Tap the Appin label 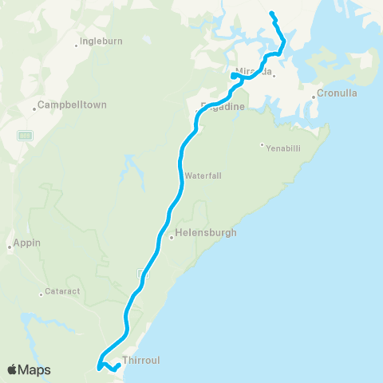pyautogui.click(x=27, y=243)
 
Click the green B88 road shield pyautogui.click(x=25, y=135)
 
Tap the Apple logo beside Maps pyautogui.click(x=14, y=369)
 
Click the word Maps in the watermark pyautogui.click(x=35, y=369)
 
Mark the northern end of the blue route pyautogui.click(x=272, y=14)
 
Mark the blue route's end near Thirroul pyautogui.click(x=119, y=365)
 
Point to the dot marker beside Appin pyautogui.click(x=10, y=247)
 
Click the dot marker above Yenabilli pyautogui.click(x=261, y=144)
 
